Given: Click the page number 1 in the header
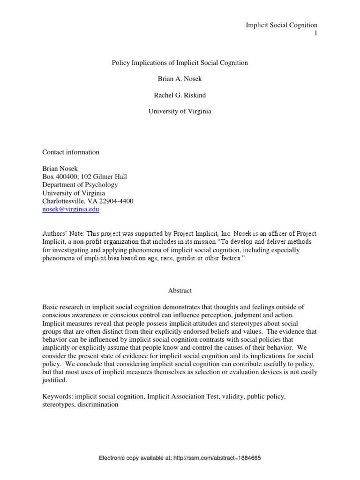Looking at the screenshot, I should [x=316, y=33].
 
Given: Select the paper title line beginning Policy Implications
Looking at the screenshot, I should [x=180, y=63].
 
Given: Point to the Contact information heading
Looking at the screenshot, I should [x=71, y=152].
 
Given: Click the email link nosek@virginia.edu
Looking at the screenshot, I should [x=71, y=210].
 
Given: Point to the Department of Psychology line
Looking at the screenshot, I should [x=80, y=185].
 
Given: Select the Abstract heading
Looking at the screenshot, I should [x=180, y=291].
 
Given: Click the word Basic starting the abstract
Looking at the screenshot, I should [x=51, y=307].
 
